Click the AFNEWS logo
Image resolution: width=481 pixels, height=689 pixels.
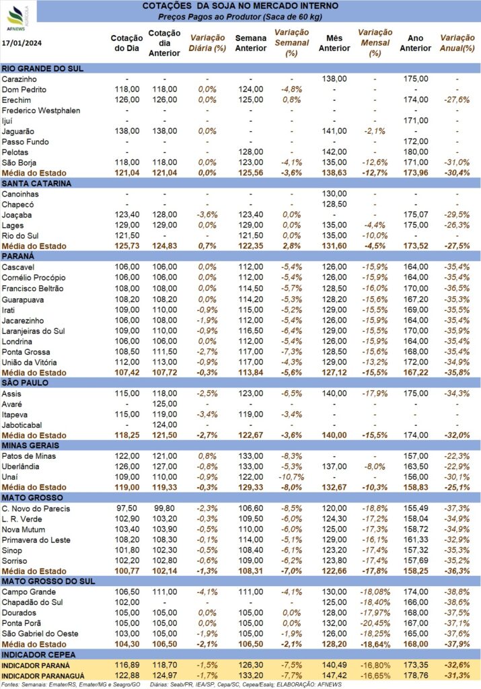point(17,17)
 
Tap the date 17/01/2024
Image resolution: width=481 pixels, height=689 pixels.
point(22,43)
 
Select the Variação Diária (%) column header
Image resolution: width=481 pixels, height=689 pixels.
point(207,43)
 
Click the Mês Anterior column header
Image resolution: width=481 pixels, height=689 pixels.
point(334,43)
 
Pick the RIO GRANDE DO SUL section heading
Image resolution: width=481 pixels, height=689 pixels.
point(42,69)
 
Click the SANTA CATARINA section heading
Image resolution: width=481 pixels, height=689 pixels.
point(36,184)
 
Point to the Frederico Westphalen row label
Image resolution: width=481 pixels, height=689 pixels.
point(41,111)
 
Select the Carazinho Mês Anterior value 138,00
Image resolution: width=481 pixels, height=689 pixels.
point(334,79)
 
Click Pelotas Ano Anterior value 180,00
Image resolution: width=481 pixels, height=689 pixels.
point(416,152)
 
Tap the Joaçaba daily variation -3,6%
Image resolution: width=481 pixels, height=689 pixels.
point(207,215)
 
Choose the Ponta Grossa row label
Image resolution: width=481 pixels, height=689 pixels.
point(26,352)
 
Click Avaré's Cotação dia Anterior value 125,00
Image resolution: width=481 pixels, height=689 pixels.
point(165,404)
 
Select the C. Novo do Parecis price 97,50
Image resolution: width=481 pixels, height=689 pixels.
point(126,509)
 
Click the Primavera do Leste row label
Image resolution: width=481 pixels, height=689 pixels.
point(36,540)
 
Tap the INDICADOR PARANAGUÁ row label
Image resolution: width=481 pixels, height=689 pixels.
point(42,676)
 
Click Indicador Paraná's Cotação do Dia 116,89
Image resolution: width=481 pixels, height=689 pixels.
point(127,665)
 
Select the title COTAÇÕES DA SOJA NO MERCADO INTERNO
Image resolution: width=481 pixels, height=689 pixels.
point(240,6)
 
